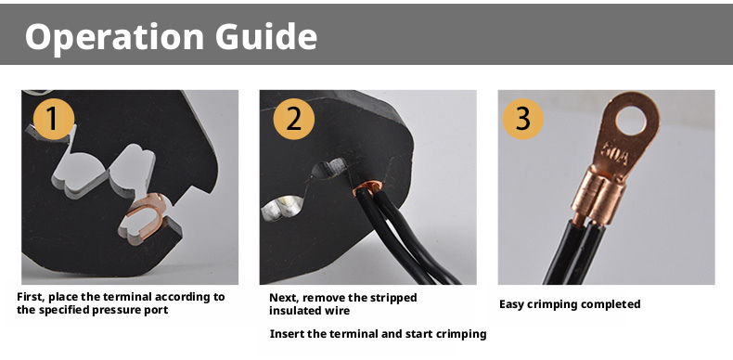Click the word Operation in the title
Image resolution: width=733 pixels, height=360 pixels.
point(114,37)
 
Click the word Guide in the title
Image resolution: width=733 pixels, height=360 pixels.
point(266,36)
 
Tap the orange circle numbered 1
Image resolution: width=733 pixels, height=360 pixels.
point(54,119)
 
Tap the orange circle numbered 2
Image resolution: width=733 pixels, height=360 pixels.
point(293,119)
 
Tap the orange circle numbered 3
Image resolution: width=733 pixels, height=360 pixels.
point(522,119)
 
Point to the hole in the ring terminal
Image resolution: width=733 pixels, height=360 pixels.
point(631,119)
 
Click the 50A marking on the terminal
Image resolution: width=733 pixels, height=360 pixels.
point(617,154)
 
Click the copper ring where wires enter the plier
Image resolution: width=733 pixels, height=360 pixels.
point(367,187)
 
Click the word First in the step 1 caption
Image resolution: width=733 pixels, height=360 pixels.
point(31,297)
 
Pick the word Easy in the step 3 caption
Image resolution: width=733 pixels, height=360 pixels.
point(511,305)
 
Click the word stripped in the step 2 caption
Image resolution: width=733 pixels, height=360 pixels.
point(395,298)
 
